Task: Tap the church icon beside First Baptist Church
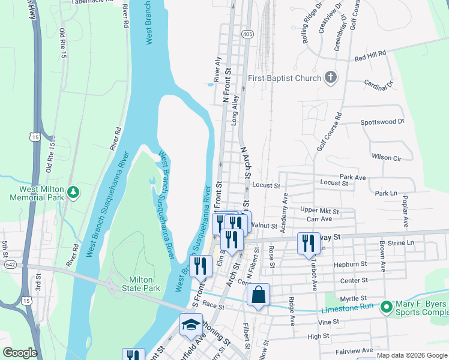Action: click(x=330, y=77)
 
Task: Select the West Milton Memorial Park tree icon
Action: click(x=73, y=193)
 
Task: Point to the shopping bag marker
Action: click(x=258, y=295)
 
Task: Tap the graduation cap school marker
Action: click(x=191, y=325)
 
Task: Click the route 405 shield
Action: click(x=247, y=35)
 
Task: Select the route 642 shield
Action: click(x=9, y=264)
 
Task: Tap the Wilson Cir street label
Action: click(x=386, y=157)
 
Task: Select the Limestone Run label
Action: click(x=348, y=309)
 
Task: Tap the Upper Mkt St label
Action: click(x=319, y=211)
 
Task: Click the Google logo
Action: click(x=20, y=352)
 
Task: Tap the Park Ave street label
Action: click(x=352, y=178)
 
